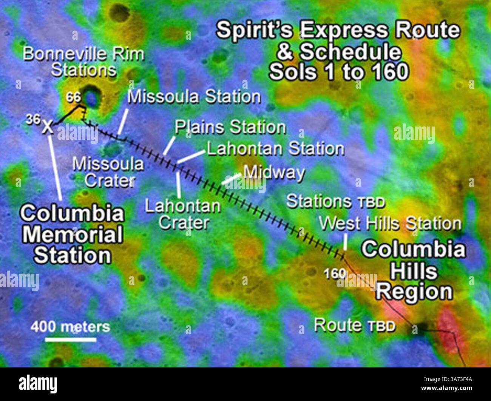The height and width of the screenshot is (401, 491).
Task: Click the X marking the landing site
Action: point(48,127)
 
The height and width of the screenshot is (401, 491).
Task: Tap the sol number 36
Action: point(33,120)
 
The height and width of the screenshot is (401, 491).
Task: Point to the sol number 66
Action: point(73,97)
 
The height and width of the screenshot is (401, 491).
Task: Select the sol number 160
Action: point(335,273)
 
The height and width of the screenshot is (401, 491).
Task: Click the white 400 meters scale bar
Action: point(71,339)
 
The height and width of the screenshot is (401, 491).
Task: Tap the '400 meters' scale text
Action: point(70,326)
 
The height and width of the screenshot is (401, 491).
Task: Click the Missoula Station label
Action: point(194,97)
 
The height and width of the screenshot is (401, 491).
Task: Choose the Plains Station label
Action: point(230,127)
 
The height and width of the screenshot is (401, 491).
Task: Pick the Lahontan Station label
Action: point(275,149)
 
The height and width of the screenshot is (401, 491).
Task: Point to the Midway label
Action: point(274,172)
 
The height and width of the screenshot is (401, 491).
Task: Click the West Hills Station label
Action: point(390,224)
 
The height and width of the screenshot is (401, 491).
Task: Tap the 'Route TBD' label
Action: point(354,325)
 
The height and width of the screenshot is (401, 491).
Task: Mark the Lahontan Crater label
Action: point(183,214)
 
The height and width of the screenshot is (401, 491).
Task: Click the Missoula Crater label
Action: point(108,172)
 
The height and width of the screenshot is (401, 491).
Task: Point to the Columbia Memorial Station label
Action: point(72,234)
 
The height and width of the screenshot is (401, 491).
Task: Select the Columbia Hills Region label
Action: point(414,271)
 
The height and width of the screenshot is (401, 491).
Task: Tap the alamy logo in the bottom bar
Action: point(38,384)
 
